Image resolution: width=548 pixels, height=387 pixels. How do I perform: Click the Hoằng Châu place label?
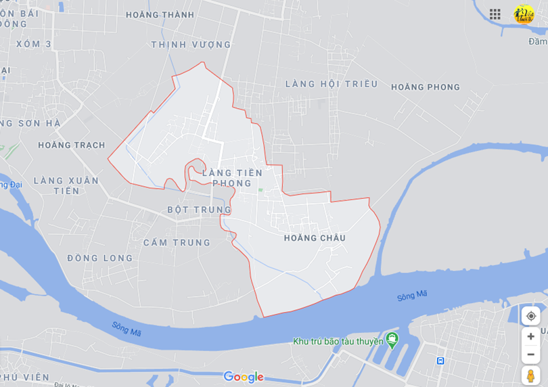coord(315,238)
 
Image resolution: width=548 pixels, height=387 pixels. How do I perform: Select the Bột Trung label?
coord(200,210)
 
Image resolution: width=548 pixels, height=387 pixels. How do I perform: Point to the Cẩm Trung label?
coord(177,242)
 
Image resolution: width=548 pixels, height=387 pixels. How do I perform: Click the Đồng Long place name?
coord(100,258)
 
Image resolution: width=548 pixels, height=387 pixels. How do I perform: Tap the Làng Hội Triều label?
coord(331,84)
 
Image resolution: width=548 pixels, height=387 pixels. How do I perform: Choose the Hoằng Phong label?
coord(425,87)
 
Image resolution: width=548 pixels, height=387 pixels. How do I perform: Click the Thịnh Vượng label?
coord(191,45)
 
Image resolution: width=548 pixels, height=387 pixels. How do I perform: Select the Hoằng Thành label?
coord(160,15)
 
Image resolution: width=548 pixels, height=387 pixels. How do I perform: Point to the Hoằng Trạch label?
coord(72,145)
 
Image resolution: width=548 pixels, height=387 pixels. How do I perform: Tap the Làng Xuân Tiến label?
coord(66,185)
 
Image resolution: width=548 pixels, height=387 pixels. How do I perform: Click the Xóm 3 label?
coord(35,44)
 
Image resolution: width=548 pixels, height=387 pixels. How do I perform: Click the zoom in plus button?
coord(531,336)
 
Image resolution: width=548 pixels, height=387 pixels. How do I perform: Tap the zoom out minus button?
coord(531,355)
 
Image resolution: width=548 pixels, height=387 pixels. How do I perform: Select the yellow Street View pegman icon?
coord(531,375)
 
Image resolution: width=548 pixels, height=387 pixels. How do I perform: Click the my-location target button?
coord(531,316)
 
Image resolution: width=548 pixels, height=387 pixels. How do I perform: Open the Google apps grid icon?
coord(495,14)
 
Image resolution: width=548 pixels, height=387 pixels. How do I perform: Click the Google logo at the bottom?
coord(244,377)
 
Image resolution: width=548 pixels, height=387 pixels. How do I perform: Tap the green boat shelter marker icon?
coord(392,338)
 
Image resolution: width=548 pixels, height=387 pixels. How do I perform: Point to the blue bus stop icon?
coord(440,361)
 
